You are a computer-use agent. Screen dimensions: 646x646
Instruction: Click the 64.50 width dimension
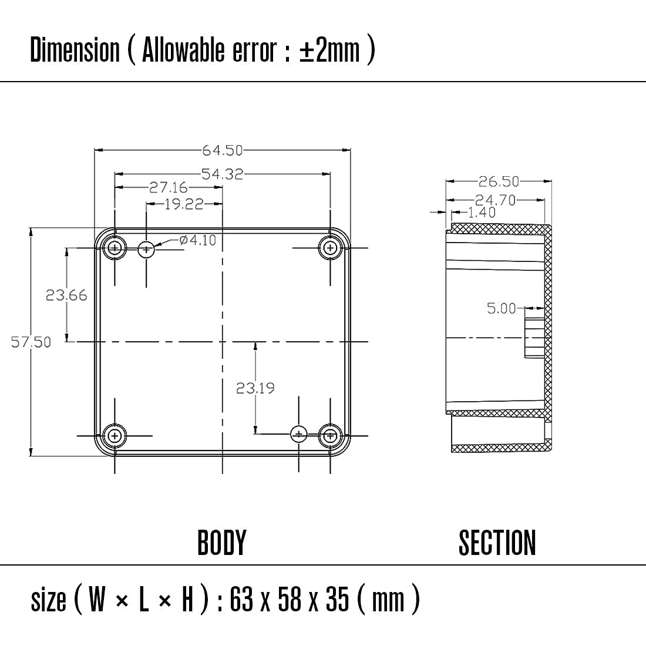tap(223, 150)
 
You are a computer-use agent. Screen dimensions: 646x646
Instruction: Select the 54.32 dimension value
tap(222, 174)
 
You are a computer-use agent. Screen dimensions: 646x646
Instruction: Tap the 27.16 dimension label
tap(168, 187)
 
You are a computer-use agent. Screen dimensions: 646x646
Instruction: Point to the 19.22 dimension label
tap(184, 204)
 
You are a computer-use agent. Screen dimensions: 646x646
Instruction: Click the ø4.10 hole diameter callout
tap(198, 240)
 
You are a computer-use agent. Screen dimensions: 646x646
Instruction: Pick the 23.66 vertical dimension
tap(66, 295)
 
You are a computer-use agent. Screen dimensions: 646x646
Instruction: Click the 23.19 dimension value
tap(255, 388)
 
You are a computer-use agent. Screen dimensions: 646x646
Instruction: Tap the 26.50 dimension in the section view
tap(499, 181)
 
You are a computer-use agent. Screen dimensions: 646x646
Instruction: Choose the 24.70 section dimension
tap(495, 200)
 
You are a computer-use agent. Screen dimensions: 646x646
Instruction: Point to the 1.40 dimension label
tap(482, 212)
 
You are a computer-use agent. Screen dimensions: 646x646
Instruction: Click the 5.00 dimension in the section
tap(502, 308)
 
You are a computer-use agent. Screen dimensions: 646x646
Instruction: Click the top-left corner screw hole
tap(115, 248)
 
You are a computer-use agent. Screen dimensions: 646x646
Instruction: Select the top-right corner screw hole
tap(331, 248)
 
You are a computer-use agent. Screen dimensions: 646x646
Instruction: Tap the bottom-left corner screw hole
tap(115, 436)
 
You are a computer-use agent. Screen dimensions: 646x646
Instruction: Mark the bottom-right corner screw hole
tap(331, 436)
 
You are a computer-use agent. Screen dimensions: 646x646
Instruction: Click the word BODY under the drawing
tap(221, 543)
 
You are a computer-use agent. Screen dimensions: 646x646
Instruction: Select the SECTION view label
tap(497, 543)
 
